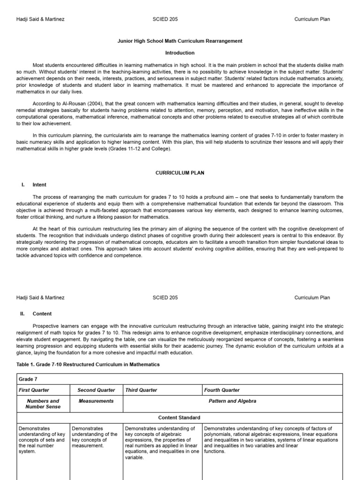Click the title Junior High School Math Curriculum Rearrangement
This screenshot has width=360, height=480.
(180, 41)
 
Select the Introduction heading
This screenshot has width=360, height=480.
(180, 53)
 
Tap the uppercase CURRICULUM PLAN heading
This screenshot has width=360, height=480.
(180, 173)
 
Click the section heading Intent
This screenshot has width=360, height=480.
(39, 185)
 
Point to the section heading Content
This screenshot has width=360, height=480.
(42, 314)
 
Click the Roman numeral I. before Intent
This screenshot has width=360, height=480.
(23, 185)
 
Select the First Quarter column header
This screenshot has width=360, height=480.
(34, 390)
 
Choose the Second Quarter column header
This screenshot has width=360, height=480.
(96, 390)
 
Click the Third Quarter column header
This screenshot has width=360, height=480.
(142, 390)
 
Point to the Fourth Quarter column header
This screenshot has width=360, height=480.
(222, 390)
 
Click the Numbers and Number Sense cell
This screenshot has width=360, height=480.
(43, 404)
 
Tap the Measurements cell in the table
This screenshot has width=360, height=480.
(96, 401)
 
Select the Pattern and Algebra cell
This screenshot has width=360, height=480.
(232, 401)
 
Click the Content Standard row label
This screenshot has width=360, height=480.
(180, 417)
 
